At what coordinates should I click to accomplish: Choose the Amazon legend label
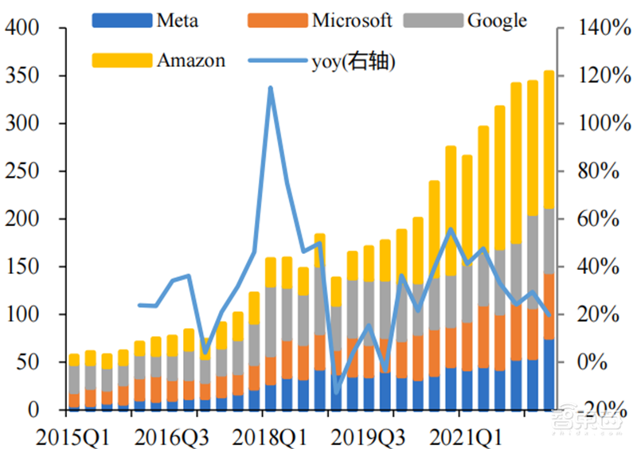click(191, 59)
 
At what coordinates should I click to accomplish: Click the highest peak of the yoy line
click(271, 88)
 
